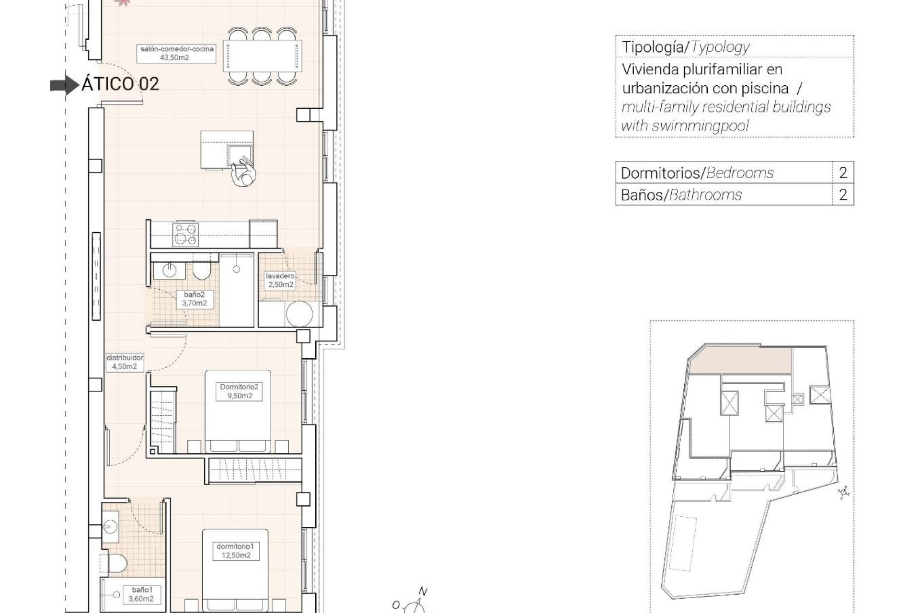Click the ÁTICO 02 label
[x=120, y=84]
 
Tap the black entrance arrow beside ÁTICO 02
[x=64, y=85]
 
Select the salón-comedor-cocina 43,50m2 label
[x=177, y=53]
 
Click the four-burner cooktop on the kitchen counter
[x=186, y=234]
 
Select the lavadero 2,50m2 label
[x=280, y=280]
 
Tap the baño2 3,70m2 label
[x=194, y=299]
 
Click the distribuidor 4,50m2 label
[x=125, y=362]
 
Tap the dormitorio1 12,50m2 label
[x=235, y=551]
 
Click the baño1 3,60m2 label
[x=141, y=594]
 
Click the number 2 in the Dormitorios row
[x=843, y=172]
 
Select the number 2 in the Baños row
[x=843, y=194]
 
